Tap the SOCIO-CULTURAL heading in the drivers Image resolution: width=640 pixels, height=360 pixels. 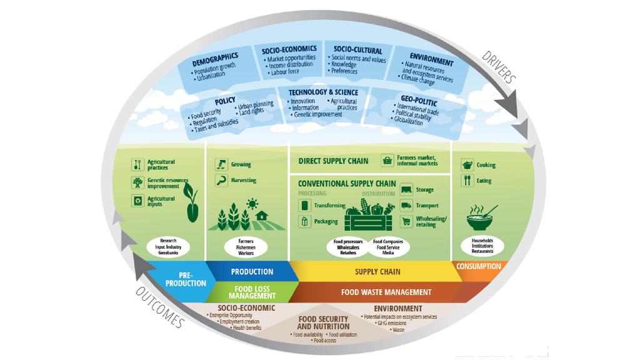(x=357, y=50)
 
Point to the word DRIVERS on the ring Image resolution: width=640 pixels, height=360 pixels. (x=498, y=67)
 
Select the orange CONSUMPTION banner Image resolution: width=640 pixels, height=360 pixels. (x=479, y=267)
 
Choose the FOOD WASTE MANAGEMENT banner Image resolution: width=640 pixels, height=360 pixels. (x=386, y=292)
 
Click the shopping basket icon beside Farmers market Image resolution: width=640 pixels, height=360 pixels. (x=387, y=160)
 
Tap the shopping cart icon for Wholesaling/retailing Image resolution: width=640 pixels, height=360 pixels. (x=406, y=221)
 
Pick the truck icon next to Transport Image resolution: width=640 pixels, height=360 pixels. (x=406, y=205)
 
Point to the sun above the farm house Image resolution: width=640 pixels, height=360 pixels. (x=252, y=203)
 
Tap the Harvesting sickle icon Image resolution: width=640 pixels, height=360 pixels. (x=220, y=180)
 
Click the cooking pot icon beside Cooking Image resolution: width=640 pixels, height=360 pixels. (x=467, y=165)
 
